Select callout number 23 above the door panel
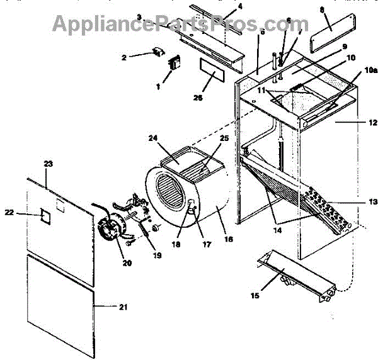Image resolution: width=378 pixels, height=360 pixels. (x=49, y=164)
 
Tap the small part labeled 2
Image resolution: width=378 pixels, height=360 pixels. (x=156, y=53)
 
